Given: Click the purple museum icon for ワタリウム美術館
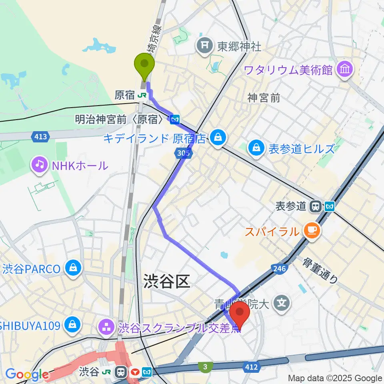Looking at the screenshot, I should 344,70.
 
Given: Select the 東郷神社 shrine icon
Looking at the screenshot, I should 205,46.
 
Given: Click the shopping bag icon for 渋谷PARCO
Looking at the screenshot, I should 73,268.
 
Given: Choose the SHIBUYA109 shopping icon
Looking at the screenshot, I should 73,324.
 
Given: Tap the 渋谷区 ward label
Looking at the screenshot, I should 167,282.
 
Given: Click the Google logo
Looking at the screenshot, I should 27,375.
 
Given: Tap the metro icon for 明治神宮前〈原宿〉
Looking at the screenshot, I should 174,119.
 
